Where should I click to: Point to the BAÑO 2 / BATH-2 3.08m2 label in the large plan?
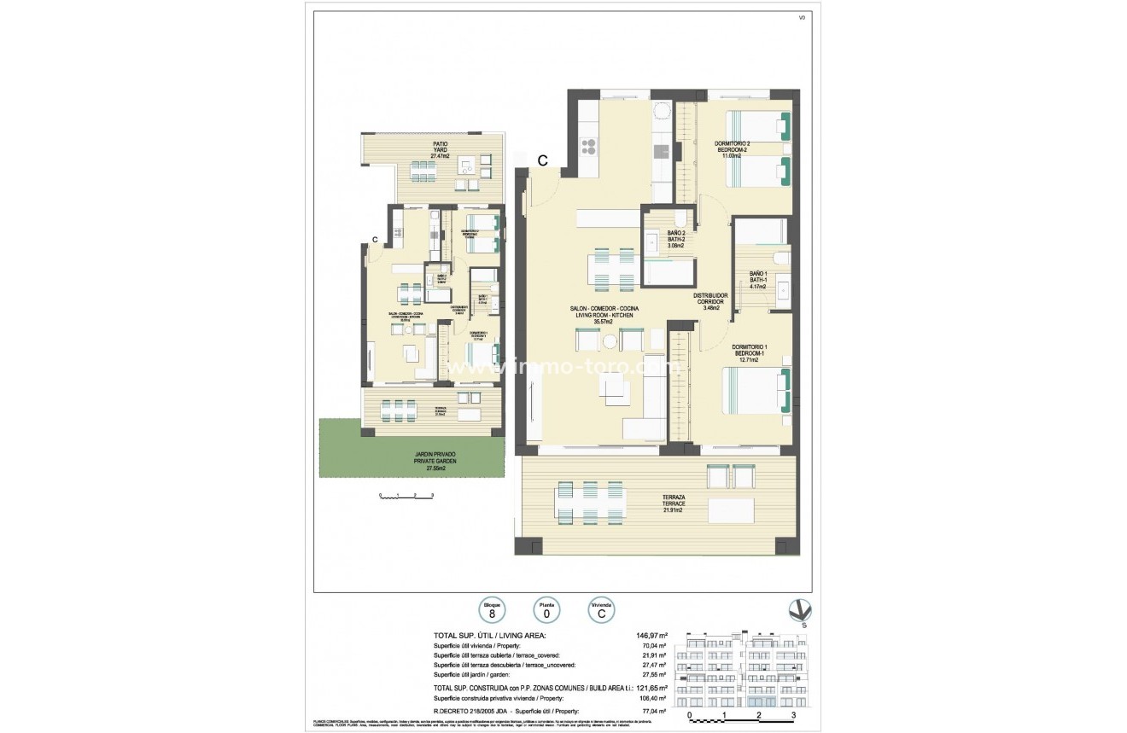tap(676, 239)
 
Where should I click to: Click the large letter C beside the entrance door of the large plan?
tap(542, 160)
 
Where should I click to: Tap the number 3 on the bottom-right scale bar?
tap(793, 715)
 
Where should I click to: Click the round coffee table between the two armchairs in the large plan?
tap(610, 341)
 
